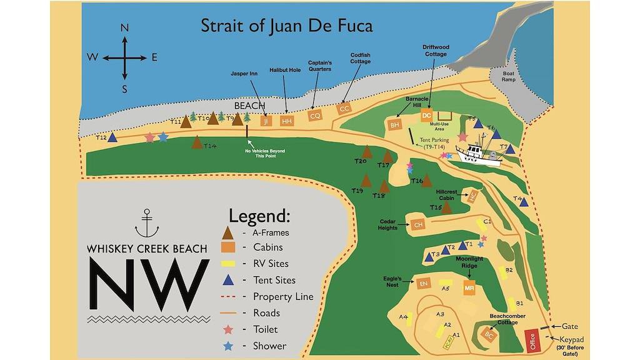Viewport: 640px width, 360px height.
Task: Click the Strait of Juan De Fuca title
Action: click(x=286, y=26)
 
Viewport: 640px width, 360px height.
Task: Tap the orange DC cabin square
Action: click(x=427, y=116)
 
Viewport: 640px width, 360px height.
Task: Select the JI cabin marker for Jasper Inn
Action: click(x=267, y=121)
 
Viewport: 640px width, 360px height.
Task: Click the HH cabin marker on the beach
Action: click(x=287, y=121)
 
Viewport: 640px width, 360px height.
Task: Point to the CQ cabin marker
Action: click(x=315, y=116)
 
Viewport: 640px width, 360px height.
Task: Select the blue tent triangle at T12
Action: click(x=112, y=137)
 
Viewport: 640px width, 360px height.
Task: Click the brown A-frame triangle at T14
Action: click(x=197, y=142)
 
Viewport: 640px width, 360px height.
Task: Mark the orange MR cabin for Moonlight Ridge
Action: click(x=469, y=288)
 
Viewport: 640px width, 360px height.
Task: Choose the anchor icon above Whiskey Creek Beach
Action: click(x=147, y=224)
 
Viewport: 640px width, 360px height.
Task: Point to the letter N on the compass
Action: click(x=124, y=28)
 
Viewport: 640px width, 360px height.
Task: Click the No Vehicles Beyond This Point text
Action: click(x=261, y=152)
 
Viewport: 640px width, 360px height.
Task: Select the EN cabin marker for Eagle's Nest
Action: click(x=424, y=284)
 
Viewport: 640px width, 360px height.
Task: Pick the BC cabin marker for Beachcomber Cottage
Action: click(x=489, y=334)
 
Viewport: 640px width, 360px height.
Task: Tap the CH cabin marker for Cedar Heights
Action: click(x=419, y=224)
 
